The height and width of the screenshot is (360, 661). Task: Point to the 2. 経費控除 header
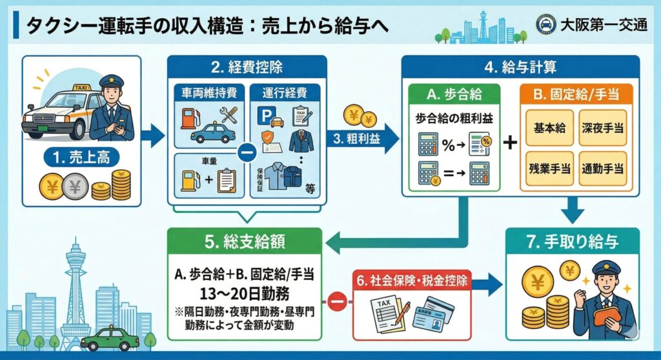click(x=247, y=67)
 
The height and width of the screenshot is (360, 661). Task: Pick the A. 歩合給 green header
click(x=454, y=95)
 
